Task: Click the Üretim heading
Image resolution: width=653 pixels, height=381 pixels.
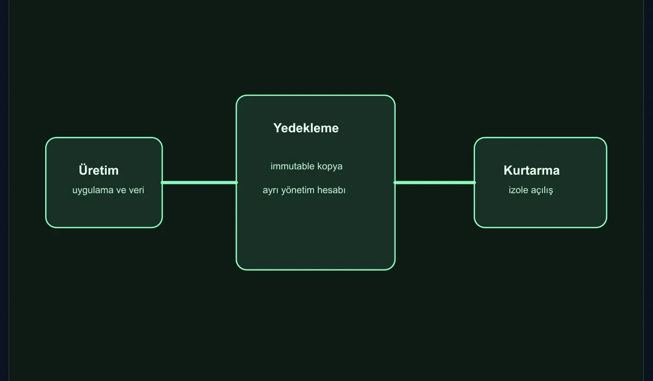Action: pos(98,170)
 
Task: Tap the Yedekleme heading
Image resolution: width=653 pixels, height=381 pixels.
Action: pos(306,128)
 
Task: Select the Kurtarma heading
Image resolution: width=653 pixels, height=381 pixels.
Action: pos(532,170)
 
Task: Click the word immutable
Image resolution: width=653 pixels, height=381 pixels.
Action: pos(292,166)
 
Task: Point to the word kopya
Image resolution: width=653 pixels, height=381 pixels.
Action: pos(330,167)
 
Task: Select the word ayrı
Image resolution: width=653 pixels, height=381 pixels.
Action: pos(270,190)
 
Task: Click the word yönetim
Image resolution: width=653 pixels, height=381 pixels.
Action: pos(298,190)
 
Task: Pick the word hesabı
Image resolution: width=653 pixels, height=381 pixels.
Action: pos(331,190)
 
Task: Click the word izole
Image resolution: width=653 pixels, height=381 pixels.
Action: pos(518,190)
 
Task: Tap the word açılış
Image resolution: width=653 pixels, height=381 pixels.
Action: pos(541,190)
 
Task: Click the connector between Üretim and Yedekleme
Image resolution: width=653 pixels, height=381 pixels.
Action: pos(199,182)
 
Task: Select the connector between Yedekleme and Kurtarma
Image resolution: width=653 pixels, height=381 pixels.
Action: pos(435,182)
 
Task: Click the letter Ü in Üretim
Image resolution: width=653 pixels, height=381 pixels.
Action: pos(83,170)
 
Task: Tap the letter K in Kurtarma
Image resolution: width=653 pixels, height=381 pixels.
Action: pos(508,170)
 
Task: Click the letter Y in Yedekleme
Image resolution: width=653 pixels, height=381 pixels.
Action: pos(278,128)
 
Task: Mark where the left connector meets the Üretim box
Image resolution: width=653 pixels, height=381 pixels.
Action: pos(162,182)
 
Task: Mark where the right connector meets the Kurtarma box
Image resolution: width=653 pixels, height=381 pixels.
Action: pos(475,182)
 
